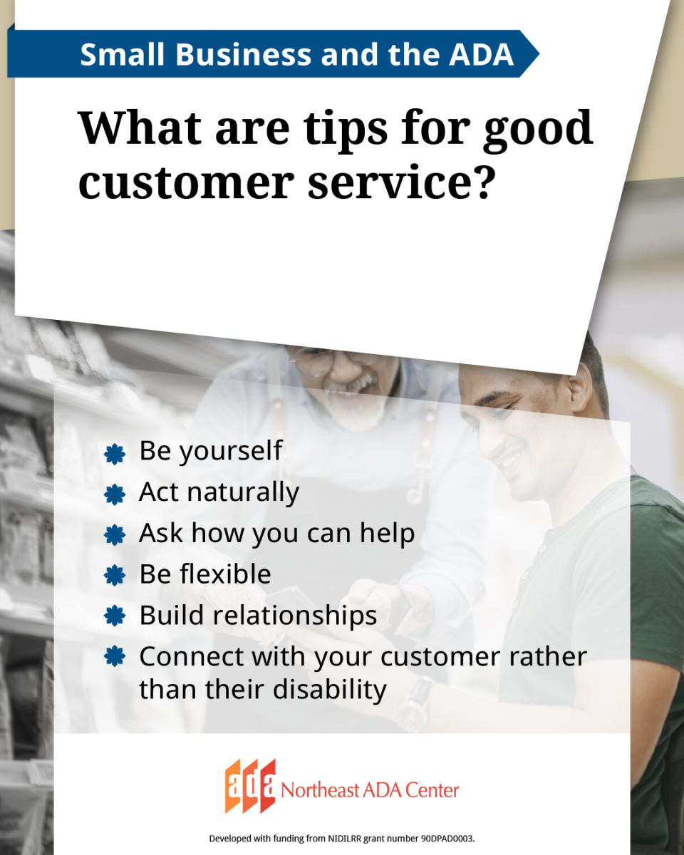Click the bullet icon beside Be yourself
pyautogui.click(x=114, y=453)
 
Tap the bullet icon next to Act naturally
pyautogui.click(x=114, y=494)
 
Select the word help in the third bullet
pyautogui.click(x=386, y=534)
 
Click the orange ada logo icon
pyautogui.click(x=250, y=787)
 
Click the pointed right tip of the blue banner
pyautogui.click(x=537, y=54)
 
